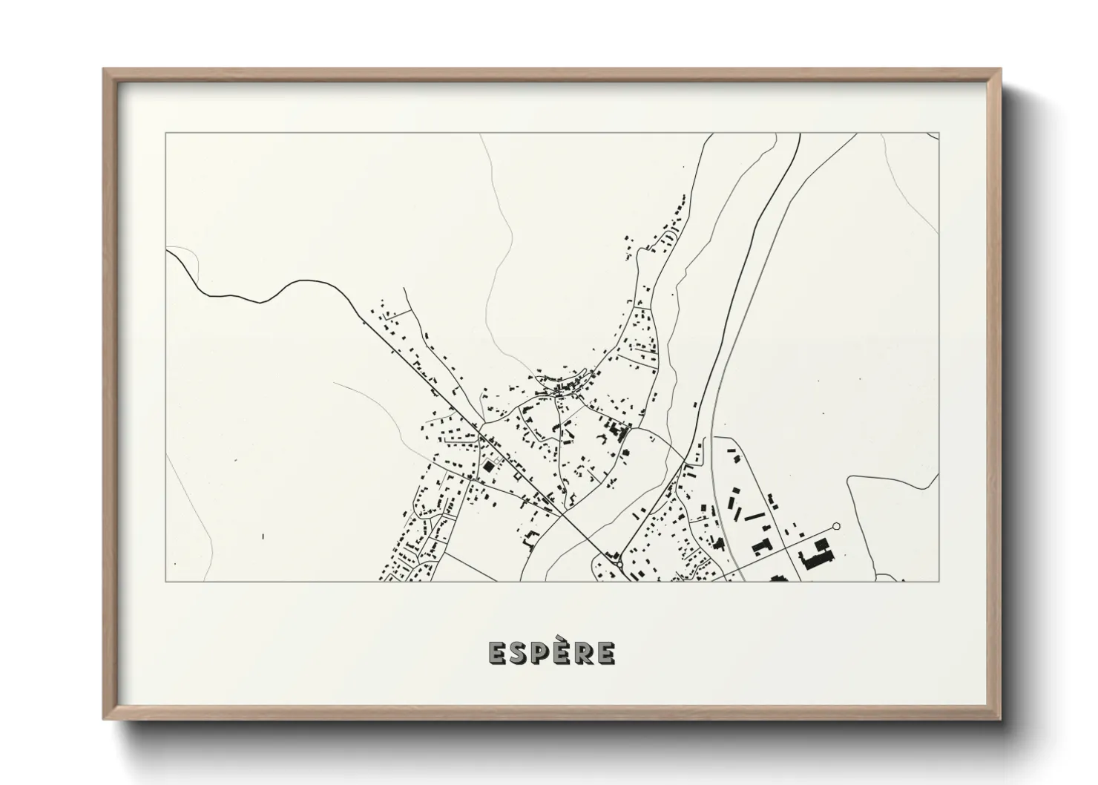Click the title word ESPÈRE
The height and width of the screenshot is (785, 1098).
coord(551,652)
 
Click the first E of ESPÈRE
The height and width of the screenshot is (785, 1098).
coord(496,653)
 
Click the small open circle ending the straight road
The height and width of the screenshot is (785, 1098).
coord(837,526)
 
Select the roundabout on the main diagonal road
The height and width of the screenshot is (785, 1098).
coord(619,565)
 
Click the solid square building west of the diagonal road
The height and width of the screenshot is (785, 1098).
coord(488,468)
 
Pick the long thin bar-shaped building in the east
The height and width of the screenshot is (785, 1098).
coord(755,514)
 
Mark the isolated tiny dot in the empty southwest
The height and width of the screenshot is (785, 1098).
coord(263,535)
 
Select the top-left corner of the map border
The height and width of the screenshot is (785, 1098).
coord(165,134)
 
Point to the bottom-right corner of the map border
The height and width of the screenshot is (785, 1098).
coord(938,582)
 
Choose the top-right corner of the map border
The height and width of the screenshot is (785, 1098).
coord(938,134)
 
